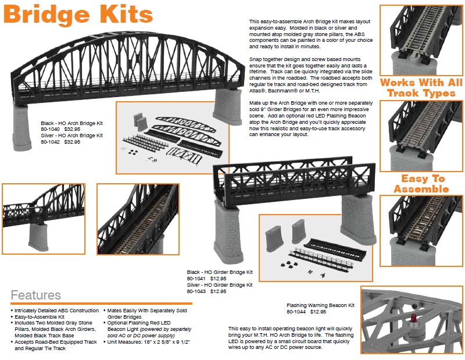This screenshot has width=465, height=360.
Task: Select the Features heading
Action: tap(35, 295)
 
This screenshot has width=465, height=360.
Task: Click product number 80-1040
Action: tap(51, 129)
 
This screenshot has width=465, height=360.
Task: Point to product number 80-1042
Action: tap(51, 141)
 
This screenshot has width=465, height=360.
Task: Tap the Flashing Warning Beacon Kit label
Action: tap(320, 305)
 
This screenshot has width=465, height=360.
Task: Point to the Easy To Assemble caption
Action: tap(422, 183)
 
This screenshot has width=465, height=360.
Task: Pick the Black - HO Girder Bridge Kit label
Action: tap(220, 272)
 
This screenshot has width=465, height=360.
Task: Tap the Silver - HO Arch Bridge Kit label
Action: tap(71, 136)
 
